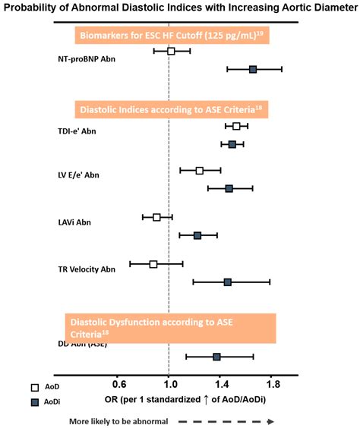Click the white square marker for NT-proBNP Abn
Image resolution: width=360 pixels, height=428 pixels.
(x=171, y=51)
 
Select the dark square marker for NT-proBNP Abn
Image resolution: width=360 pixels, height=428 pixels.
(x=253, y=69)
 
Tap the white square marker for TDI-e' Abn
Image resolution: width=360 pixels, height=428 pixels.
(x=236, y=126)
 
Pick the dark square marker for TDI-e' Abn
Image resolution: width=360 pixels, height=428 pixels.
(x=232, y=144)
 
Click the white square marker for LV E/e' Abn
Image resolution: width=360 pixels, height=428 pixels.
(x=200, y=171)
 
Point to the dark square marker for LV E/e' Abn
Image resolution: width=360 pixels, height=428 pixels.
(x=229, y=188)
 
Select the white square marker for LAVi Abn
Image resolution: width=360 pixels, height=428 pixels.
(x=156, y=217)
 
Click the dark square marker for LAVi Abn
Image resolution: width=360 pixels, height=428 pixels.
(x=197, y=235)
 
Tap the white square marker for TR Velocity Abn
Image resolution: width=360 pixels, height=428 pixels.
(x=153, y=264)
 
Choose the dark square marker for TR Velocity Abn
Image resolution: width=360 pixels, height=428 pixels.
(x=227, y=282)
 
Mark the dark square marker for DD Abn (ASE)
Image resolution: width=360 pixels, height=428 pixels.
(x=216, y=357)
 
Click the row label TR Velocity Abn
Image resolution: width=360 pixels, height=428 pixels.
(x=87, y=269)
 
